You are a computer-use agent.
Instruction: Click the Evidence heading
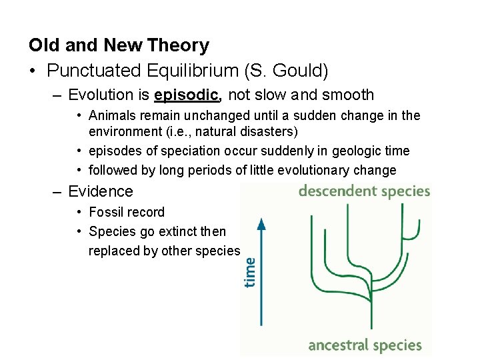coord(101,191)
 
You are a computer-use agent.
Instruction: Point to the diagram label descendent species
coord(364,191)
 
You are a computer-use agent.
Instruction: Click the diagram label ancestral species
coord(365,345)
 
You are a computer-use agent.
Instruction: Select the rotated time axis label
coord(249,272)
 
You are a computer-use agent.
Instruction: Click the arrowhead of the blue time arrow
coord(262,223)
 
